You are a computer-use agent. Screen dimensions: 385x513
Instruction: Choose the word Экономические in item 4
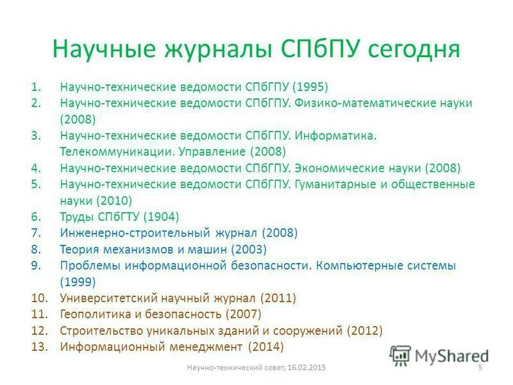tap(333, 168)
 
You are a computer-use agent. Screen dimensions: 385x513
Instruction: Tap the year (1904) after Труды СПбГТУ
tap(161, 217)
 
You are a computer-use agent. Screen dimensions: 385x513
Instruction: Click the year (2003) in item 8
tap(248, 249)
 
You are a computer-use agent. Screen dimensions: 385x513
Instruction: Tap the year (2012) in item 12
tap(364, 330)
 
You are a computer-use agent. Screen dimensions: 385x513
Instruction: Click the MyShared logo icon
tap(400, 355)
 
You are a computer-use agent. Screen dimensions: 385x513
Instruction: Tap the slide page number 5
tap(480, 367)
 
